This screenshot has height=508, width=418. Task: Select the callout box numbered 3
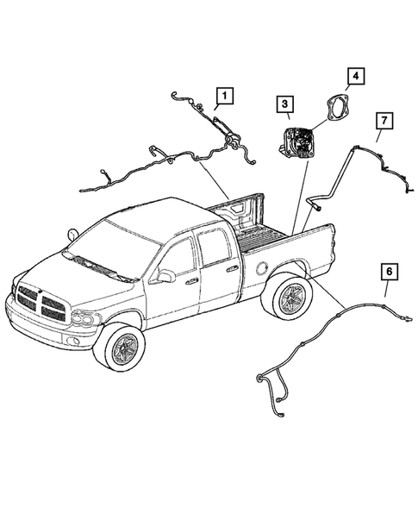[283, 106]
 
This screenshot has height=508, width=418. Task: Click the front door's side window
[179, 256]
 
